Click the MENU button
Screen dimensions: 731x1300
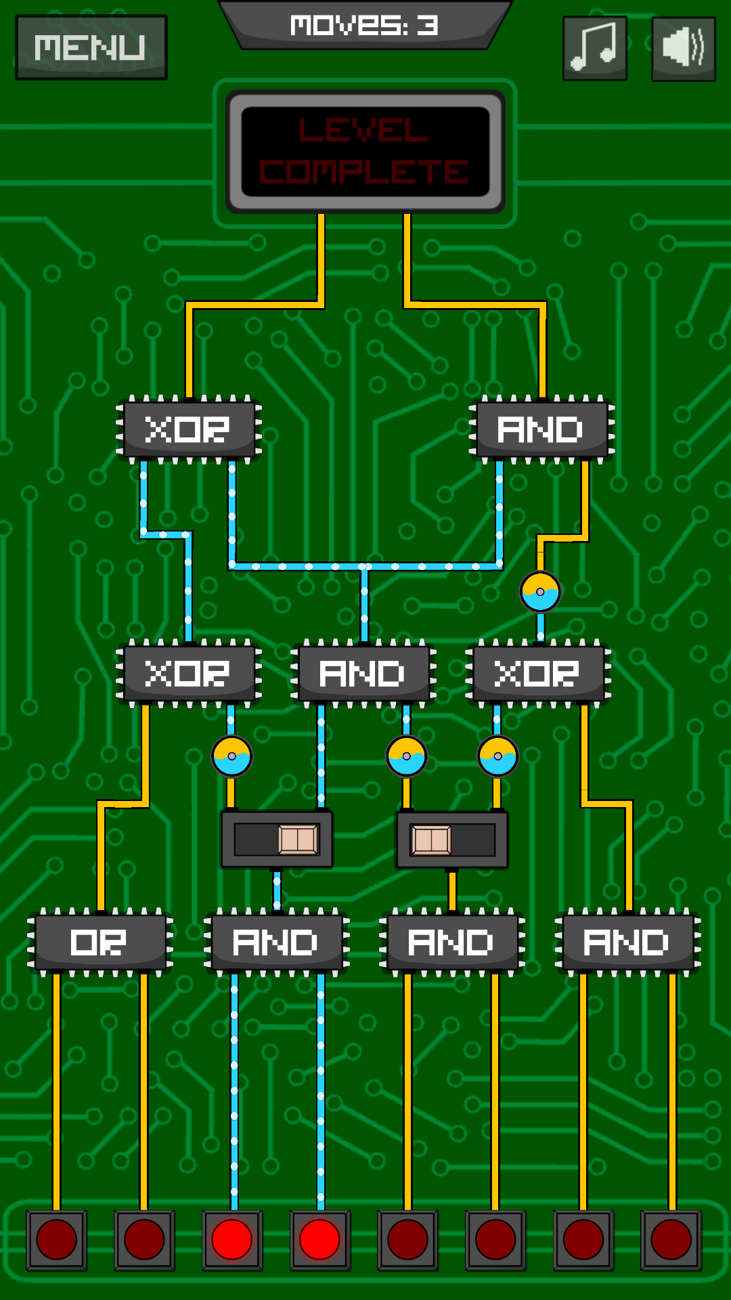pyautogui.click(x=91, y=47)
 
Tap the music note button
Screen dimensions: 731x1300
pyautogui.click(x=595, y=48)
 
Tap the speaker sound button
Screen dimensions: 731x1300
pyautogui.click(x=683, y=48)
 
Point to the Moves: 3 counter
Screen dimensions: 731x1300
pyautogui.click(x=365, y=26)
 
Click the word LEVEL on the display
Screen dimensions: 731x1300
pyautogui.click(x=364, y=130)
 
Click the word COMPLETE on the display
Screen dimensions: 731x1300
pyautogui.click(x=364, y=172)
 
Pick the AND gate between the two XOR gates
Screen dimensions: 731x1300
pyautogui.click(x=363, y=673)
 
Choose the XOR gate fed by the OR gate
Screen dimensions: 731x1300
pyautogui.click(x=189, y=673)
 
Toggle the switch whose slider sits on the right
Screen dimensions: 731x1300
pyautogui.click(x=277, y=840)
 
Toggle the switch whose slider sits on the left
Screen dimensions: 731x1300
pyautogui.click(x=452, y=840)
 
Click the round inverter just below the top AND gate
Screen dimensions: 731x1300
pyautogui.click(x=540, y=592)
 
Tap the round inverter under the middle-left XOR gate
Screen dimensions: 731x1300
pyautogui.click(x=232, y=756)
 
